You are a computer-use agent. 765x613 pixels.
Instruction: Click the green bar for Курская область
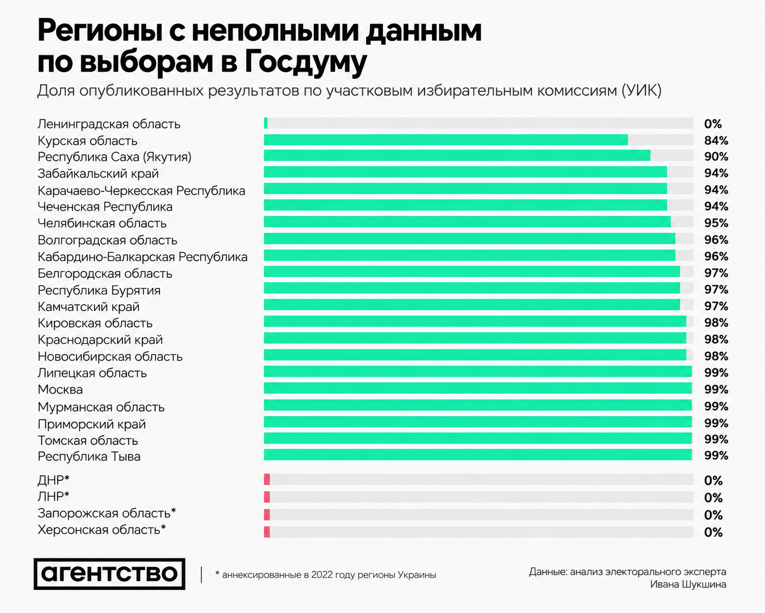(x=446, y=140)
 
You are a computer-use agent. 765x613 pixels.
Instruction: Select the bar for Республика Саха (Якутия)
(x=457, y=156)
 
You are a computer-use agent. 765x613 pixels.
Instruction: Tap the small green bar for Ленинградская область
(x=266, y=123)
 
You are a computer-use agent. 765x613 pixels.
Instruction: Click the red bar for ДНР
(x=267, y=480)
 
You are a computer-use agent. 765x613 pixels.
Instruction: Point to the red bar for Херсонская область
(x=267, y=532)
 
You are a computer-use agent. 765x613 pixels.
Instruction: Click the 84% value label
(x=716, y=140)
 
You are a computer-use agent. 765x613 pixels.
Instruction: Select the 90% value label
(x=716, y=157)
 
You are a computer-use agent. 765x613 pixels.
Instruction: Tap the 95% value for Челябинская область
(x=716, y=223)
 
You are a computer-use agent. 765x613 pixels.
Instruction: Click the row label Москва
(x=60, y=390)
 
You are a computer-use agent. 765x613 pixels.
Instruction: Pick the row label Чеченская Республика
(x=105, y=207)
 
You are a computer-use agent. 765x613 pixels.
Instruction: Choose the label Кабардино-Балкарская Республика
(x=142, y=257)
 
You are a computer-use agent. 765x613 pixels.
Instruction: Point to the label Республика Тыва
(x=89, y=456)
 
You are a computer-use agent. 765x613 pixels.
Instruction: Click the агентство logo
(x=110, y=574)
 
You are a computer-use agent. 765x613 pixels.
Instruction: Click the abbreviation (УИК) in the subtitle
(x=642, y=91)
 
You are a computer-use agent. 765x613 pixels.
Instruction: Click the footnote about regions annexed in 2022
(x=326, y=575)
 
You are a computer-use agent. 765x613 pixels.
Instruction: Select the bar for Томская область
(x=478, y=438)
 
